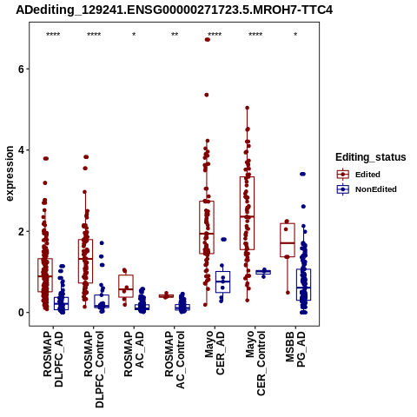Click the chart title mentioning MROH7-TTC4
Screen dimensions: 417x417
174,10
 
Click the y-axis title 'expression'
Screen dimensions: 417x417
10,174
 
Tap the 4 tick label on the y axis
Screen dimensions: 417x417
20,150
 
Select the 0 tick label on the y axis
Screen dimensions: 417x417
20,313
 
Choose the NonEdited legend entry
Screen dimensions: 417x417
367,189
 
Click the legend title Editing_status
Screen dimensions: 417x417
370,157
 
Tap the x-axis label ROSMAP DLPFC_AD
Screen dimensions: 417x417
53,359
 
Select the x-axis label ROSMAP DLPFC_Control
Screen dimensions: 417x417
93,369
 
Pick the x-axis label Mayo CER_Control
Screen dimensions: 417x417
255,363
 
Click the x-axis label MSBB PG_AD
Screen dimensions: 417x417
295,349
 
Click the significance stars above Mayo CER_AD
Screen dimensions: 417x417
215,35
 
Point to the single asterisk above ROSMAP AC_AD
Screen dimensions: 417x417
134,35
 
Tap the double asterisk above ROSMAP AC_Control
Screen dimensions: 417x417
175,35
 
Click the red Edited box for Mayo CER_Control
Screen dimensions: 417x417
247,213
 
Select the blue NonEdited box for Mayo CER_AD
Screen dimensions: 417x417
222,281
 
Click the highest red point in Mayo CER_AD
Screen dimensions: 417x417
208,40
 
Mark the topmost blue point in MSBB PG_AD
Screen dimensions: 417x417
302,174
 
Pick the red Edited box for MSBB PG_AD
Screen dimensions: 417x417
288,240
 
